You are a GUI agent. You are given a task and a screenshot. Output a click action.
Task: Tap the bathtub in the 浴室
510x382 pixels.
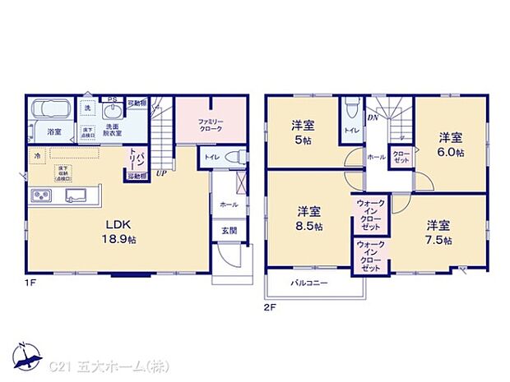coord(52,111)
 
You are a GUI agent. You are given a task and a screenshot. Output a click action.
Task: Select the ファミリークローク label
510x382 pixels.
coord(210,124)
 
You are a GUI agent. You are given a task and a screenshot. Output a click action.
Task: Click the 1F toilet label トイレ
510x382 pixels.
coord(211,156)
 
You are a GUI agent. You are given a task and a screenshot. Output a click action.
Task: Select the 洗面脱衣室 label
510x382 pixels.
coord(113,129)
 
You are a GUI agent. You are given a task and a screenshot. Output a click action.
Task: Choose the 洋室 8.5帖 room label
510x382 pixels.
coord(309,218)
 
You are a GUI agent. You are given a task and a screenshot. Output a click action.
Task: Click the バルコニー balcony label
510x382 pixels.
coord(308,283)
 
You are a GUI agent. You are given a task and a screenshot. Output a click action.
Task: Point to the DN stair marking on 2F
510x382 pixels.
coord(372,117)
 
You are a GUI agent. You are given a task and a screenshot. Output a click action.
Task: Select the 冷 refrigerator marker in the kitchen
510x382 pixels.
coord(37,154)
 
